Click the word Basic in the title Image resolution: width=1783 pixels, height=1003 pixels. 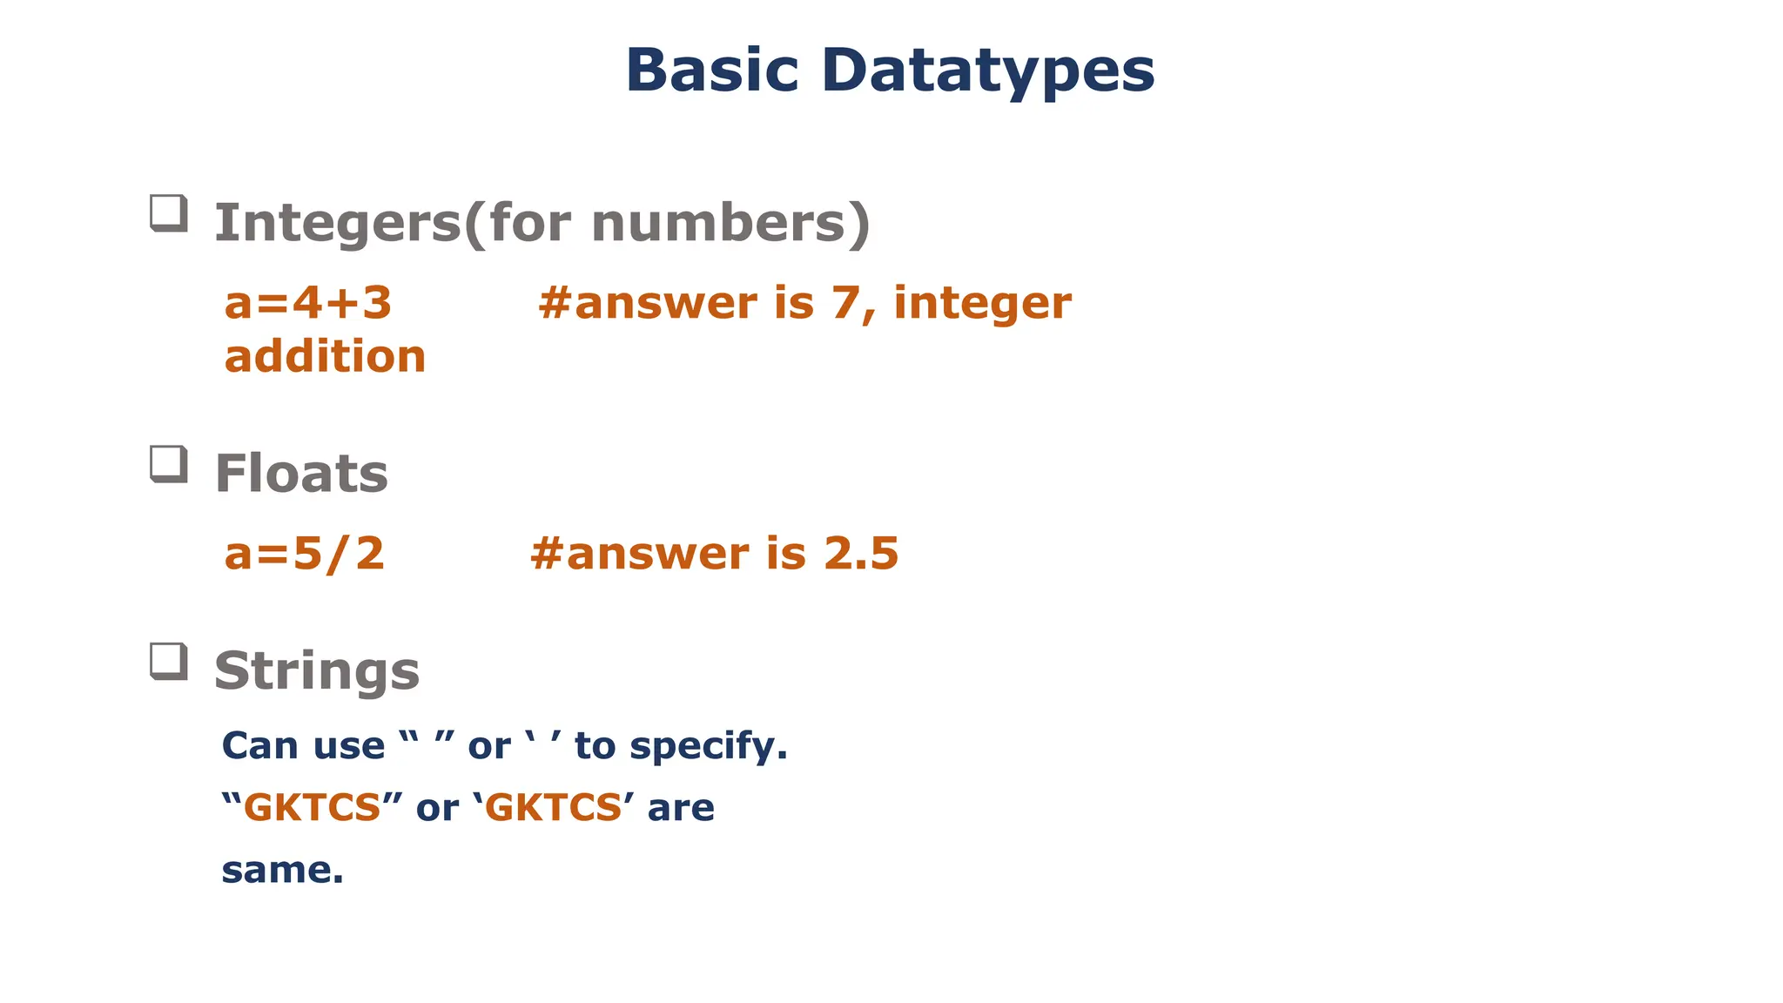click(x=711, y=70)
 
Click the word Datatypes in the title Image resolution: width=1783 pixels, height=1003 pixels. click(x=987, y=70)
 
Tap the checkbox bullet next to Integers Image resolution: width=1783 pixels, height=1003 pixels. click(x=169, y=213)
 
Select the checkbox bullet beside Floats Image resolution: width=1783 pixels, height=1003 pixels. click(x=169, y=464)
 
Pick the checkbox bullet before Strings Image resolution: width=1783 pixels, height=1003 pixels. click(x=169, y=662)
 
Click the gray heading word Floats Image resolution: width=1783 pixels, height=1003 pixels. click(x=301, y=474)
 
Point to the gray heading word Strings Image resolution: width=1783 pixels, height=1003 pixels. click(x=317, y=671)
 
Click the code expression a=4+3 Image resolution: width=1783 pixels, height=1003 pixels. click(x=308, y=303)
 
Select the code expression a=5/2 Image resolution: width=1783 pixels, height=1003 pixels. click(x=305, y=554)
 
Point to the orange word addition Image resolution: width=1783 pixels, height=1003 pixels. click(x=325, y=357)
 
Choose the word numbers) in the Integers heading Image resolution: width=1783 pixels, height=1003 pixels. click(x=730, y=223)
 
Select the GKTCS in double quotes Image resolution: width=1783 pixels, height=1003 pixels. click(x=312, y=808)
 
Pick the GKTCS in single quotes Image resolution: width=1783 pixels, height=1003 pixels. click(x=553, y=808)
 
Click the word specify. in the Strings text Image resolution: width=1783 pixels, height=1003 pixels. click(x=708, y=747)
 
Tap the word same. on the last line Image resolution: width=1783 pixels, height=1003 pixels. click(x=283, y=870)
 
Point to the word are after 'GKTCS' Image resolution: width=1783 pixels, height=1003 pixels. click(x=681, y=808)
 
